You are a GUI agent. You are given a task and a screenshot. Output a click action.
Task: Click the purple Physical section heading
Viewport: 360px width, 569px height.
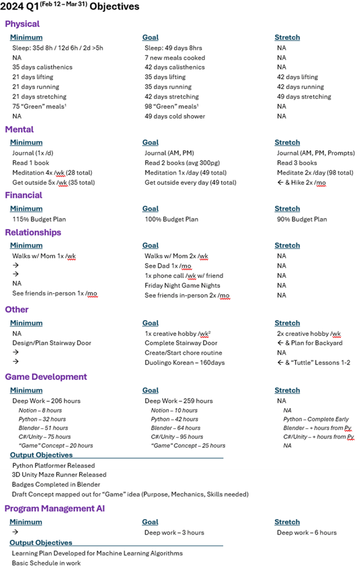click(x=22, y=24)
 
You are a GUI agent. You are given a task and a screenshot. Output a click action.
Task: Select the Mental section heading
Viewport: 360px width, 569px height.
click(x=20, y=129)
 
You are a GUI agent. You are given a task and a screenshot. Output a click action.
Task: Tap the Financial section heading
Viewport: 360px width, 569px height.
click(x=24, y=195)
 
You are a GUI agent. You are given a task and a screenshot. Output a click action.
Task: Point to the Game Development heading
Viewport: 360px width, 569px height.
click(x=46, y=376)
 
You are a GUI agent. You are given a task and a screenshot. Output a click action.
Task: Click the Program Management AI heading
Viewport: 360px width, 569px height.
click(x=55, y=508)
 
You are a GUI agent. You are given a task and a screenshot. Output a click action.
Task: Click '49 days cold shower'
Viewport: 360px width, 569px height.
click(x=175, y=116)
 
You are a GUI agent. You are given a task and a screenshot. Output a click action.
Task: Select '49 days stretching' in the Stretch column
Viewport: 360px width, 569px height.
click(x=304, y=97)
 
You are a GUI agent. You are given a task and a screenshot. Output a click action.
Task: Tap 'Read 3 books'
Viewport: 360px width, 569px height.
click(x=297, y=163)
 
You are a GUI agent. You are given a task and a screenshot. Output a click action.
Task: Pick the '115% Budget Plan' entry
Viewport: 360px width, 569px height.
click(x=40, y=219)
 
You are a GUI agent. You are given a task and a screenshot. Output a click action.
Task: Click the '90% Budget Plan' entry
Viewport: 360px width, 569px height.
click(x=302, y=219)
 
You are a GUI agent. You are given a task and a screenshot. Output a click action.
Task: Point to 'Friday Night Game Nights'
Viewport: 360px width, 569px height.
click(x=182, y=285)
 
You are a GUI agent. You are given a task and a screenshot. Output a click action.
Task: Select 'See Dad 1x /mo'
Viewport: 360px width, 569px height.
click(x=168, y=266)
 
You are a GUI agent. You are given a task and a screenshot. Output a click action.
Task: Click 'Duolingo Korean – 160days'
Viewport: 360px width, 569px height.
click(x=184, y=362)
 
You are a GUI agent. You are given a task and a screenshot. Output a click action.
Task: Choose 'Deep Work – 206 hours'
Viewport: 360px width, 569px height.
click(x=46, y=401)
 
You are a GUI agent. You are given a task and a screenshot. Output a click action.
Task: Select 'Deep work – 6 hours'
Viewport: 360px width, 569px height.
click(x=306, y=533)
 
